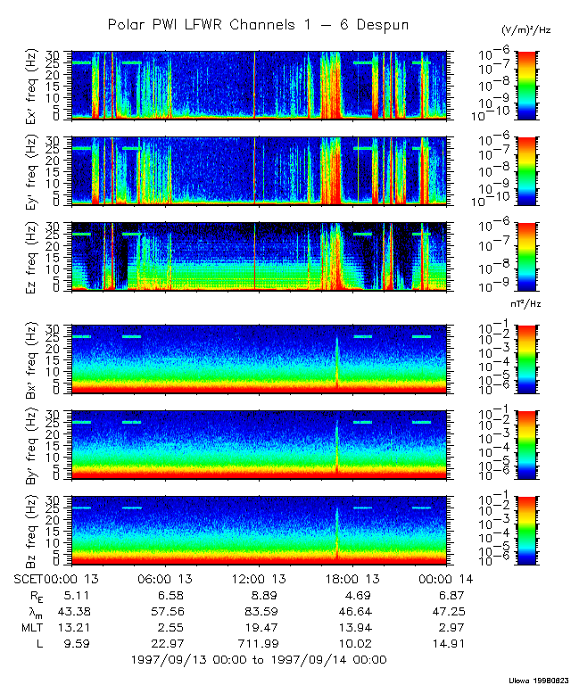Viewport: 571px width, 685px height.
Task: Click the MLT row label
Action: point(29,627)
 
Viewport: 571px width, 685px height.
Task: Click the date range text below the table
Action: point(258,660)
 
